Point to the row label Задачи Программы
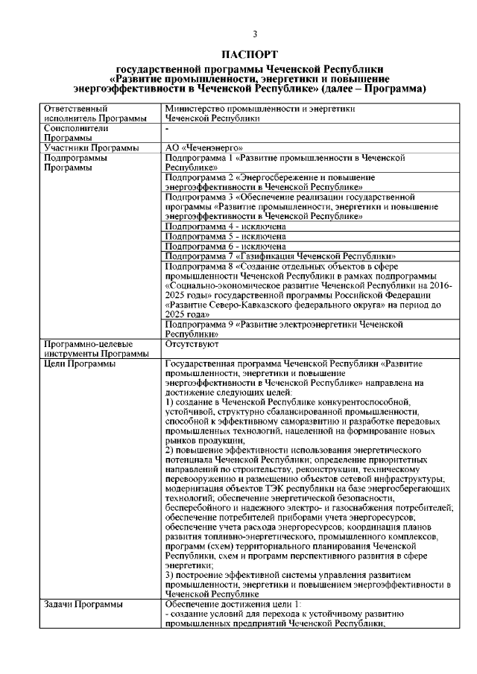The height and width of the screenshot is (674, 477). point(83,605)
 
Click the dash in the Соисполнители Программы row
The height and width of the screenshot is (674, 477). point(167,128)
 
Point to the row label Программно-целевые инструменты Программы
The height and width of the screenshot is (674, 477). point(88,349)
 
